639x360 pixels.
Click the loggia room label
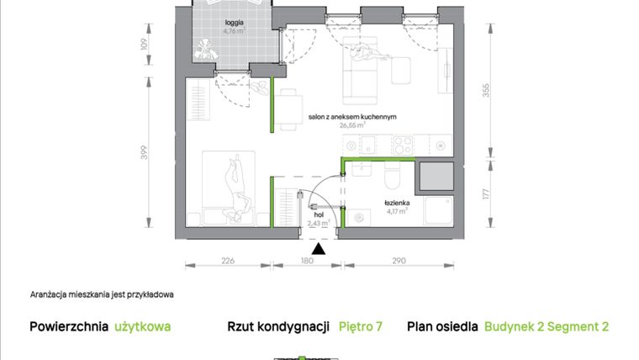click(x=223, y=24)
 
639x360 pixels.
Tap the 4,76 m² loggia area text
click(x=223, y=32)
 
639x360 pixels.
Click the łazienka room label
click(x=397, y=203)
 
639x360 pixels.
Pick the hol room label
click(x=318, y=215)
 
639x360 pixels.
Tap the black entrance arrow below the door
click(x=318, y=247)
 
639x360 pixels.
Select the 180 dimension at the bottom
click(x=307, y=261)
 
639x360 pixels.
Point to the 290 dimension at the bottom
click(x=399, y=261)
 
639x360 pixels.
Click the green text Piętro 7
click(x=361, y=326)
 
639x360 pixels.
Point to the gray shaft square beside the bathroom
click(x=437, y=177)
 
